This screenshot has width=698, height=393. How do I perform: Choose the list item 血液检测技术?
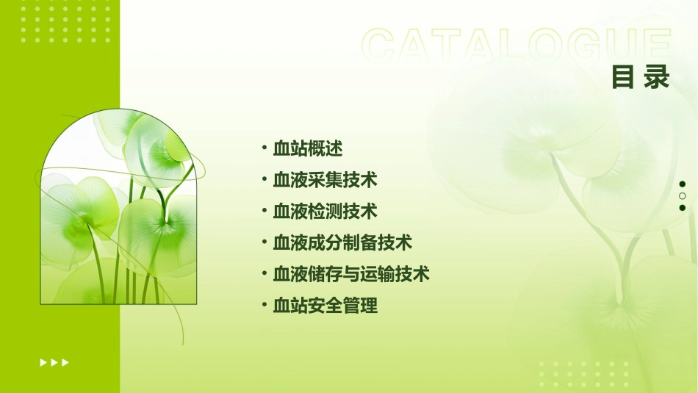(x=325, y=212)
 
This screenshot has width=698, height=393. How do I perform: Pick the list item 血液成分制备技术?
(x=342, y=243)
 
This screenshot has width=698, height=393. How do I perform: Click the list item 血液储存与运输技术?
(x=351, y=275)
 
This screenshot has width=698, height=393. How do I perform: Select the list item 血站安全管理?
(x=325, y=306)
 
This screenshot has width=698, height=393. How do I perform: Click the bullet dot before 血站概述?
(x=264, y=148)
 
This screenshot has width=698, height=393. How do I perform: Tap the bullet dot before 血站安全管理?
(x=264, y=305)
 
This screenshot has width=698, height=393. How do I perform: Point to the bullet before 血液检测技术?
(x=264, y=211)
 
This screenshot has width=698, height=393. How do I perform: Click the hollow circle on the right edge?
(x=683, y=196)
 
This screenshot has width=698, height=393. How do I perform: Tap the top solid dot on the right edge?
(x=683, y=184)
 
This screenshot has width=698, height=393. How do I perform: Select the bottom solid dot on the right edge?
(x=683, y=208)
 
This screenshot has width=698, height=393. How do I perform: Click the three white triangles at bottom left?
(x=54, y=362)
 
